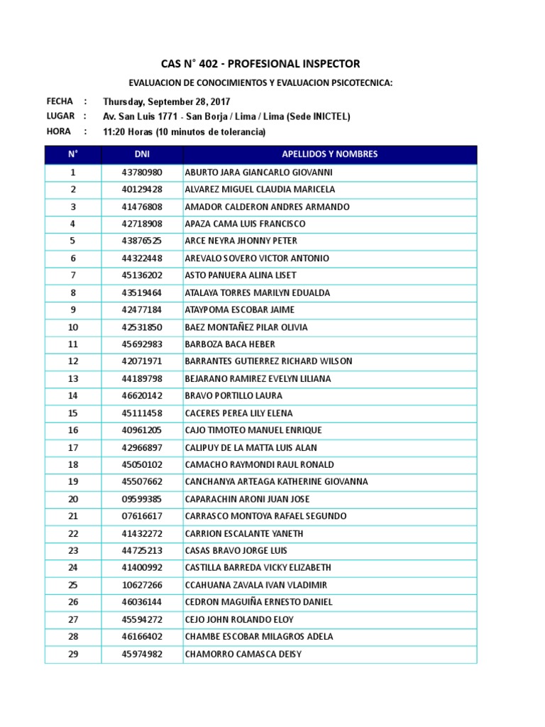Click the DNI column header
[x=142, y=154]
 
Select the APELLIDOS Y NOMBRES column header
[x=330, y=154]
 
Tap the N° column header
[x=73, y=154]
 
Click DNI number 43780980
[x=142, y=173]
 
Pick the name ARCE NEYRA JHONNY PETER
[x=241, y=241]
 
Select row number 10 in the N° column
[x=73, y=327]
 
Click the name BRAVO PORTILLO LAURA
[x=233, y=396]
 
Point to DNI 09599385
[x=142, y=499]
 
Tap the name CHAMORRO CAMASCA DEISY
[x=243, y=654]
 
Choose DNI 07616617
[x=142, y=516]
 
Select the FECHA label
[x=60, y=102]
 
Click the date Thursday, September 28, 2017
[x=166, y=102]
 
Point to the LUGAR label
[x=60, y=116]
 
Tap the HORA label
[x=58, y=131]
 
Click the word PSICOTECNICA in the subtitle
[x=360, y=83]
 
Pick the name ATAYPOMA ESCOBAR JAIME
[x=239, y=310]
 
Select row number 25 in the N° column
[x=73, y=585]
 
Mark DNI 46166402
[x=142, y=637]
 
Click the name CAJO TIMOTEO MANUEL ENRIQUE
[x=253, y=430]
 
